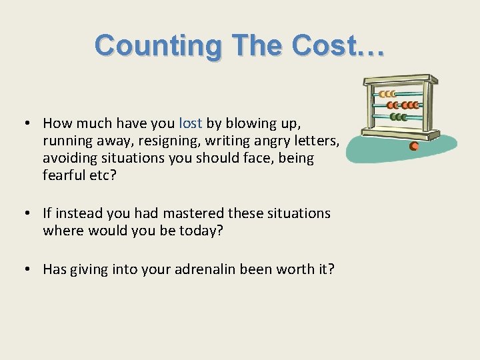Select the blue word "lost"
point(191,123)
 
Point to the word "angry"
point(268,141)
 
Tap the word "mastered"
point(191,213)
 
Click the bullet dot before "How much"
point(24,123)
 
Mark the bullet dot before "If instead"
point(24,213)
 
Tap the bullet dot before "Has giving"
point(24,269)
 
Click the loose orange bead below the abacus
point(414,146)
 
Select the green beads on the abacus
point(399,117)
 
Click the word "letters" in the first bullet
point(317,141)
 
